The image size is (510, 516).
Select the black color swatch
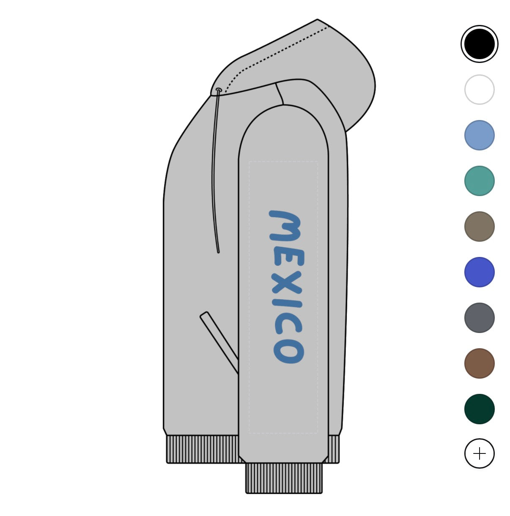pyautogui.click(x=479, y=44)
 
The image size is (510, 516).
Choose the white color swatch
pyautogui.click(x=479, y=90)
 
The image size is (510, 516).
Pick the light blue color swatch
pyautogui.click(x=479, y=135)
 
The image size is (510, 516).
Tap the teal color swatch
pyautogui.click(x=479, y=181)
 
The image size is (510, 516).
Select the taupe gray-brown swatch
pyautogui.click(x=479, y=227)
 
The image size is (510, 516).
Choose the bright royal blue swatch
pyautogui.click(x=479, y=272)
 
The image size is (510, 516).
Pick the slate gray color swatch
pyautogui.click(x=479, y=318)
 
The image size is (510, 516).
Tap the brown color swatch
pyautogui.click(x=479, y=363)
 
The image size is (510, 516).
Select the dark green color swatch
pyautogui.click(x=479, y=409)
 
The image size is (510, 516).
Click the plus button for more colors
pyautogui.click(x=479, y=453)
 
